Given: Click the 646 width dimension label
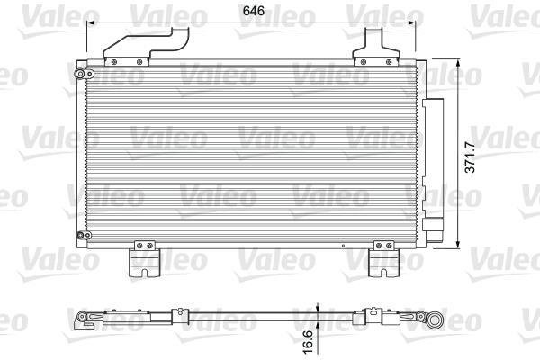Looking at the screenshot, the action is click(x=254, y=11).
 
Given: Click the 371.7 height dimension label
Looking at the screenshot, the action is click(x=470, y=157).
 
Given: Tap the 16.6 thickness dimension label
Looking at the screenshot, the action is click(x=308, y=342).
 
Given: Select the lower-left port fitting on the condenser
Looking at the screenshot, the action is click(x=84, y=235).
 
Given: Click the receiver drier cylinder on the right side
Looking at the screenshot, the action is click(x=433, y=170).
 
